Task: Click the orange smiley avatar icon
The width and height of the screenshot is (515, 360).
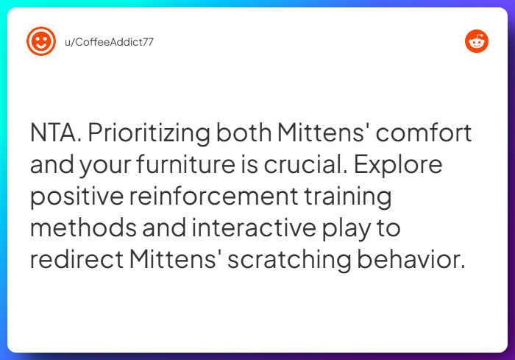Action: click(41, 41)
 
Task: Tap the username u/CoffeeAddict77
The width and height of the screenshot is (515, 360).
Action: click(110, 41)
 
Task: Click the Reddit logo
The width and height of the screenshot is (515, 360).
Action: click(477, 41)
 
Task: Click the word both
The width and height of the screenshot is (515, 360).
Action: click(244, 134)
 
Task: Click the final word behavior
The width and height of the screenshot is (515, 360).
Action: click(420, 261)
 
